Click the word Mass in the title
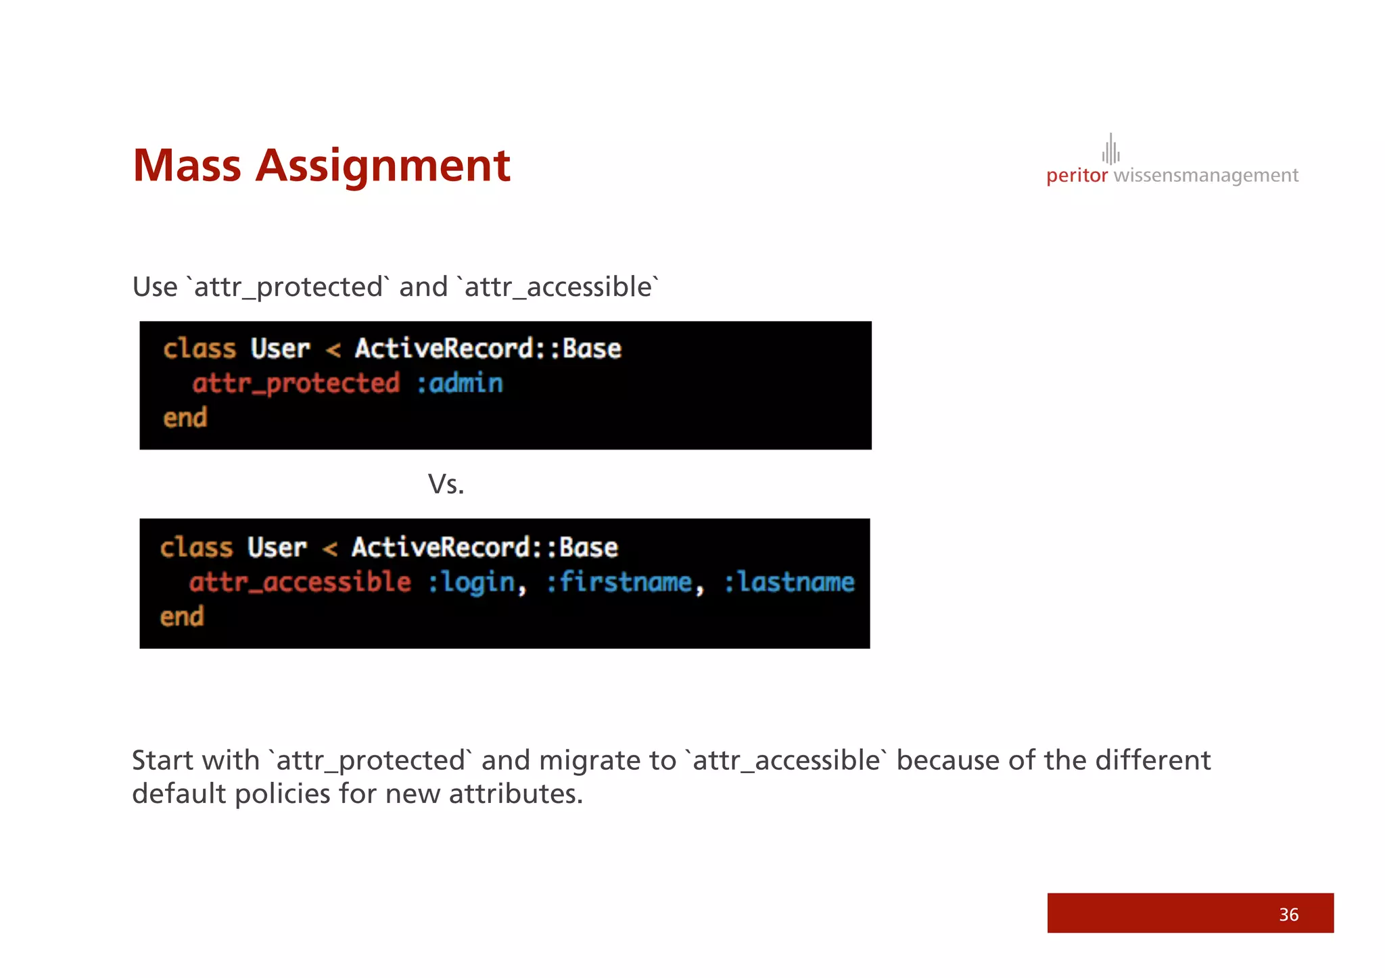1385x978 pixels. click(187, 166)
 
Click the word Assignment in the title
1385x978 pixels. click(382, 167)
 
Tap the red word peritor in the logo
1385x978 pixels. click(1077, 176)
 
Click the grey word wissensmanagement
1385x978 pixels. click(1205, 176)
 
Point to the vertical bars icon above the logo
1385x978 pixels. click(1110, 149)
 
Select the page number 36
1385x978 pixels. click(1288, 914)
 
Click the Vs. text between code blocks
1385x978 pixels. click(446, 484)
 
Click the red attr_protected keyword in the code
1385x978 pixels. click(296, 383)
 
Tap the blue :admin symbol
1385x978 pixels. click(460, 383)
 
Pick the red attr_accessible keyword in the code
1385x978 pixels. click(300, 582)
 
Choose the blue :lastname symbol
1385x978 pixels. click(789, 582)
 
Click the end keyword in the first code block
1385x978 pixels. click(185, 418)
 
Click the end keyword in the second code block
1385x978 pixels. click(182, 616)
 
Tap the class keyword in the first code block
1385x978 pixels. click(199, 349)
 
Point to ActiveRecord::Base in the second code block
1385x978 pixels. click(484, 547)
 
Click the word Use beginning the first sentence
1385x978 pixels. click(155, 287)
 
